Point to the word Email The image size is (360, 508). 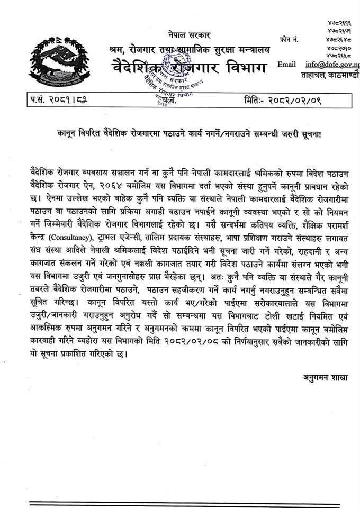click(286, 65)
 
